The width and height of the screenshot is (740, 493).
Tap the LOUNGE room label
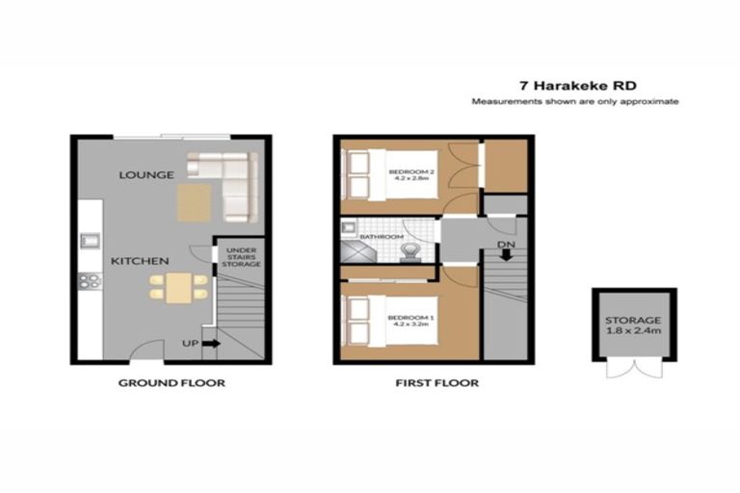pos(145,174)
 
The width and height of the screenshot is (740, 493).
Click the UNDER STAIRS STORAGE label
pos(242,256)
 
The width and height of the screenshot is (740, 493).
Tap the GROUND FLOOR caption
pos(172,383)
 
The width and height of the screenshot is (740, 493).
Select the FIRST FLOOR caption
pos(436,383)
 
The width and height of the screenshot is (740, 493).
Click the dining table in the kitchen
pos(178,288)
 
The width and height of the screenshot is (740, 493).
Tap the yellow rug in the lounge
pos(193,201)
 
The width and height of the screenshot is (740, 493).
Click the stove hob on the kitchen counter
pos(89,281)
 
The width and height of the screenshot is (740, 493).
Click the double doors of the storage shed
pos(633,372)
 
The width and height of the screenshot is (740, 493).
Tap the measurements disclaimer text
pos(575,101)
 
